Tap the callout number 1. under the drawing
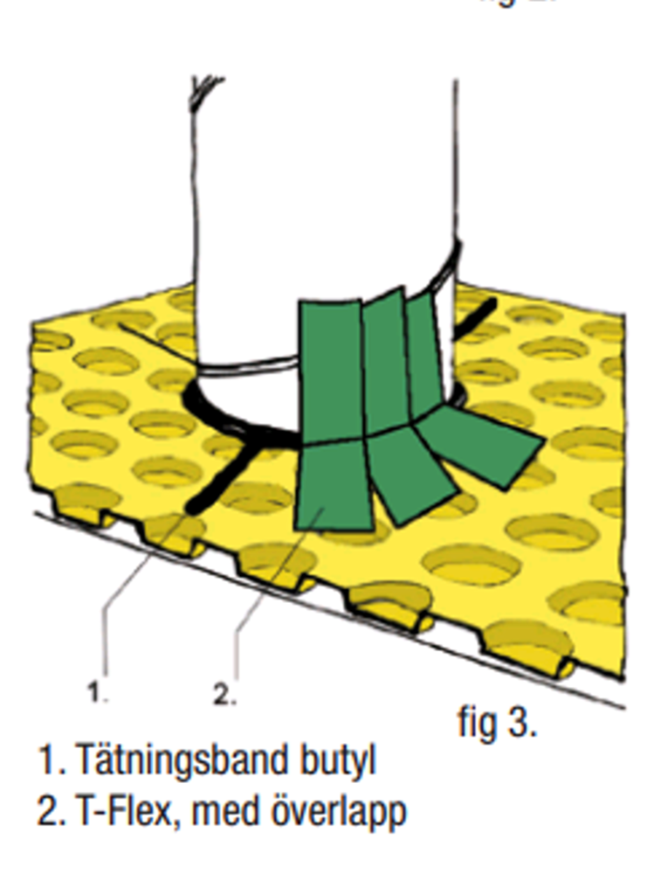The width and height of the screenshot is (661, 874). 97,693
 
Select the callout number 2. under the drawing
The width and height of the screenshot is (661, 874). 224,695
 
